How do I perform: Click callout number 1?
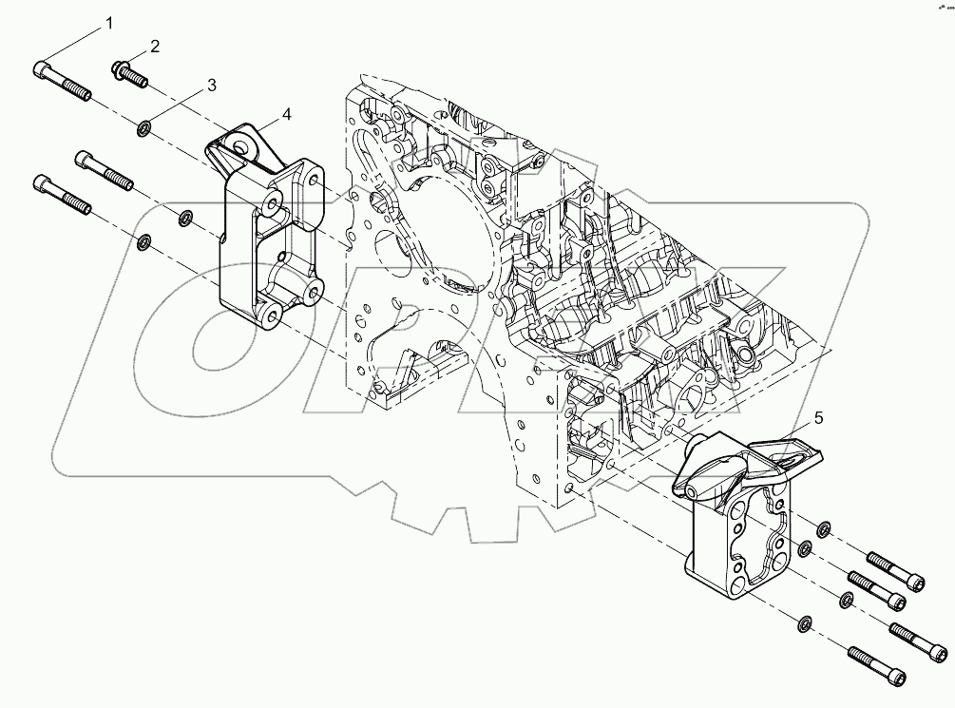(109, 23)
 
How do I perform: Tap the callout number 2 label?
(155, 46)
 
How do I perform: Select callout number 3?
(211, 85)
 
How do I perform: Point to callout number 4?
(286, 115)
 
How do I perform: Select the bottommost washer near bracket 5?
(804, 623)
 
